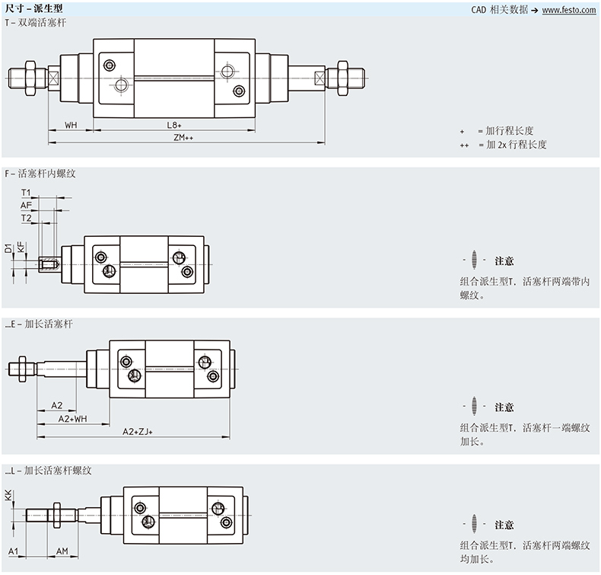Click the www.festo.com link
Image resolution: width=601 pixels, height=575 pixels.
569,10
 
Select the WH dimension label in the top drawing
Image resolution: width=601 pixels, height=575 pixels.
71,124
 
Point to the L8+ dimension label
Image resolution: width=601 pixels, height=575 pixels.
175,124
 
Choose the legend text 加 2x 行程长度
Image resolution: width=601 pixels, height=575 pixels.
512,144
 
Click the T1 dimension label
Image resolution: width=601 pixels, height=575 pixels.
27,193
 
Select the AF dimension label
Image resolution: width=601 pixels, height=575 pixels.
27,205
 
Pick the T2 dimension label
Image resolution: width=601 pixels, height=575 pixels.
27,218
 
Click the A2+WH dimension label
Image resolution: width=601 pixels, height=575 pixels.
73,418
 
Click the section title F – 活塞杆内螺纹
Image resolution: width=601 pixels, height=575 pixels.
40,174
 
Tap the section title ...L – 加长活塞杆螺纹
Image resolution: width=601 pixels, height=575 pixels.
48,471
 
